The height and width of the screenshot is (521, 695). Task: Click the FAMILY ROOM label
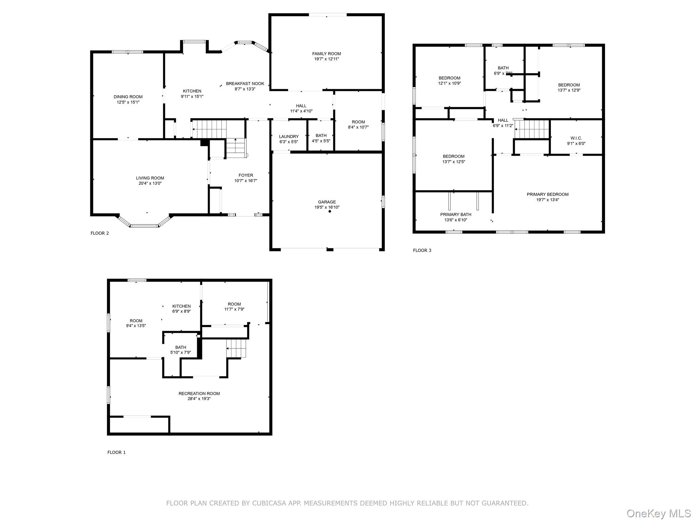[x=326, y=54]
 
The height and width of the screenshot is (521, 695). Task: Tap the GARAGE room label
[x=327, y=202]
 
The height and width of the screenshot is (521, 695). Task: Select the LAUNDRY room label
[x=289, y=136]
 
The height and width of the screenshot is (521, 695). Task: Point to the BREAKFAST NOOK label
[x=245, y=83]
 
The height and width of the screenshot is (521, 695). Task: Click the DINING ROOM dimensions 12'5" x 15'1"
[x=128, y=102]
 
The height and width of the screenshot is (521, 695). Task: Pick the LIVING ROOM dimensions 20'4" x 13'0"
[x=150, y=184]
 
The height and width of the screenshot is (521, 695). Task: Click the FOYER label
[x=246, y=175]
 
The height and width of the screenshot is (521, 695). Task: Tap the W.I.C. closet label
[x=576, y=138]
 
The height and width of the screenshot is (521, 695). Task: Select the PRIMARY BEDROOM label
[x=547, y=194]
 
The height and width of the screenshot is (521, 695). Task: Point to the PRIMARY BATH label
[x=456, y=214]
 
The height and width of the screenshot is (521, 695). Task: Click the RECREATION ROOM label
[x=199, y=393]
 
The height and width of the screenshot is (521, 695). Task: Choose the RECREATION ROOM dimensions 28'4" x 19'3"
[x=199, y=399]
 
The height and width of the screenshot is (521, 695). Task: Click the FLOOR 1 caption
[x=116, y=452]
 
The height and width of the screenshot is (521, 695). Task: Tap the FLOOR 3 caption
[x=422, y=250]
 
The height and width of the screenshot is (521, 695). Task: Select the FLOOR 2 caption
[x=100, y=233]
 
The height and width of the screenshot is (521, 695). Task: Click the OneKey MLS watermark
[x=659, y=513]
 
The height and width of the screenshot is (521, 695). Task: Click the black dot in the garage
[x=330, y=211]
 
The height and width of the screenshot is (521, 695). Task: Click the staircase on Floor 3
[x=532, y=129]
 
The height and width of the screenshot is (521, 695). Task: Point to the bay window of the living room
[x=144, y=221]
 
